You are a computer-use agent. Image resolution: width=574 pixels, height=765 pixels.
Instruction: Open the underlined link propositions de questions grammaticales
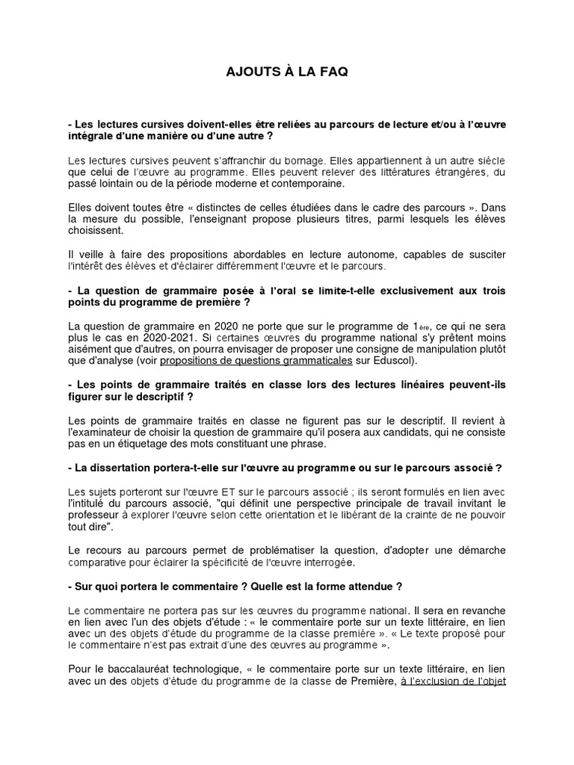tap(256, 361)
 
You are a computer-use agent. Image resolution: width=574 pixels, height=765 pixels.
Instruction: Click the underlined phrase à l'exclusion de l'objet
tap(454, 680)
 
